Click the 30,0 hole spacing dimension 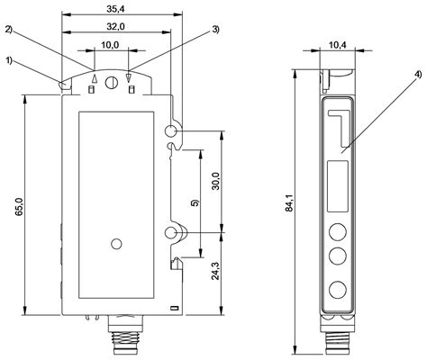coord(214,182)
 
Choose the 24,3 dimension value coord(214,271)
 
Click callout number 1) coord(10,62)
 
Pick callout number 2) coord(10,30)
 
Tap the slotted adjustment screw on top coord(111,84)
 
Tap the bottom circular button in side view coord(338,290)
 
